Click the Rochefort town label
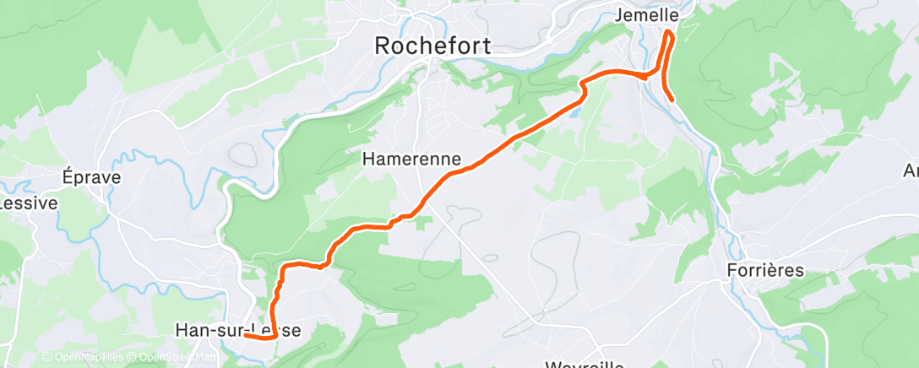pos(432,46)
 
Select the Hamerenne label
pos(411,158)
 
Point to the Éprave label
pos(92,177)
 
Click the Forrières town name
pos(765,270)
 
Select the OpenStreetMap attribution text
pos(173,358)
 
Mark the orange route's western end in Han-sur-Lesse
pos(246,336)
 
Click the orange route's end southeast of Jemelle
pos(672,100)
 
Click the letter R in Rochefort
pos(382,46)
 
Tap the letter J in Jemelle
pos(621,15)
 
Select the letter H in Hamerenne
pos(368,158)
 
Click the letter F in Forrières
pos(732,270)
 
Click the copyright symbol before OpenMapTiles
pos(46,358)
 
